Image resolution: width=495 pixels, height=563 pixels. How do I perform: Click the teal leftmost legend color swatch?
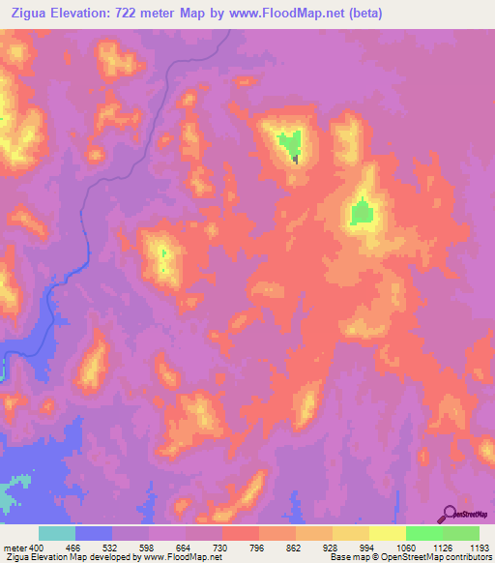click(57, 534)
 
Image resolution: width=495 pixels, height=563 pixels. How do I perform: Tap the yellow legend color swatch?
click(387, 534)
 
